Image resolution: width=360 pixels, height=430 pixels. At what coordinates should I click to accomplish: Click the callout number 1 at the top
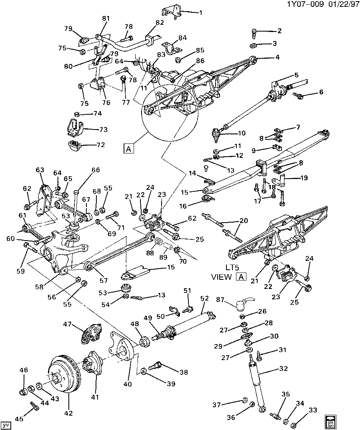[x=200, y=12]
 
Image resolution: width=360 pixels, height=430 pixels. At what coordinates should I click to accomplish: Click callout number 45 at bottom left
[x=19, y=418]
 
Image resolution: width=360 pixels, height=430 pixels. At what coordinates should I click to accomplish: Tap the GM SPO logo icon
[x=330, y=420]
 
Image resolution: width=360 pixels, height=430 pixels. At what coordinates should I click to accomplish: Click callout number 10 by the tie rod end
[x=242, y=133]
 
